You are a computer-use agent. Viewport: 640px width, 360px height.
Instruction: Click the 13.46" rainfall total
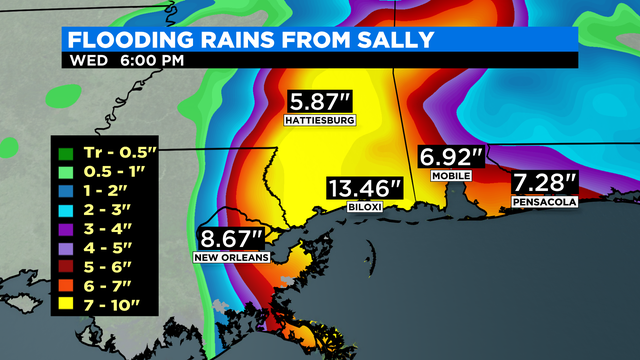(366, 189)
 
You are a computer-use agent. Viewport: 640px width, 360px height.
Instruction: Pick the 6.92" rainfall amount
(451, 157)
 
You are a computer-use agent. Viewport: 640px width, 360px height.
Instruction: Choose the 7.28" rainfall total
(544, 183)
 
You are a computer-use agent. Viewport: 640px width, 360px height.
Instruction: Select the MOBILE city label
(451, 175)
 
